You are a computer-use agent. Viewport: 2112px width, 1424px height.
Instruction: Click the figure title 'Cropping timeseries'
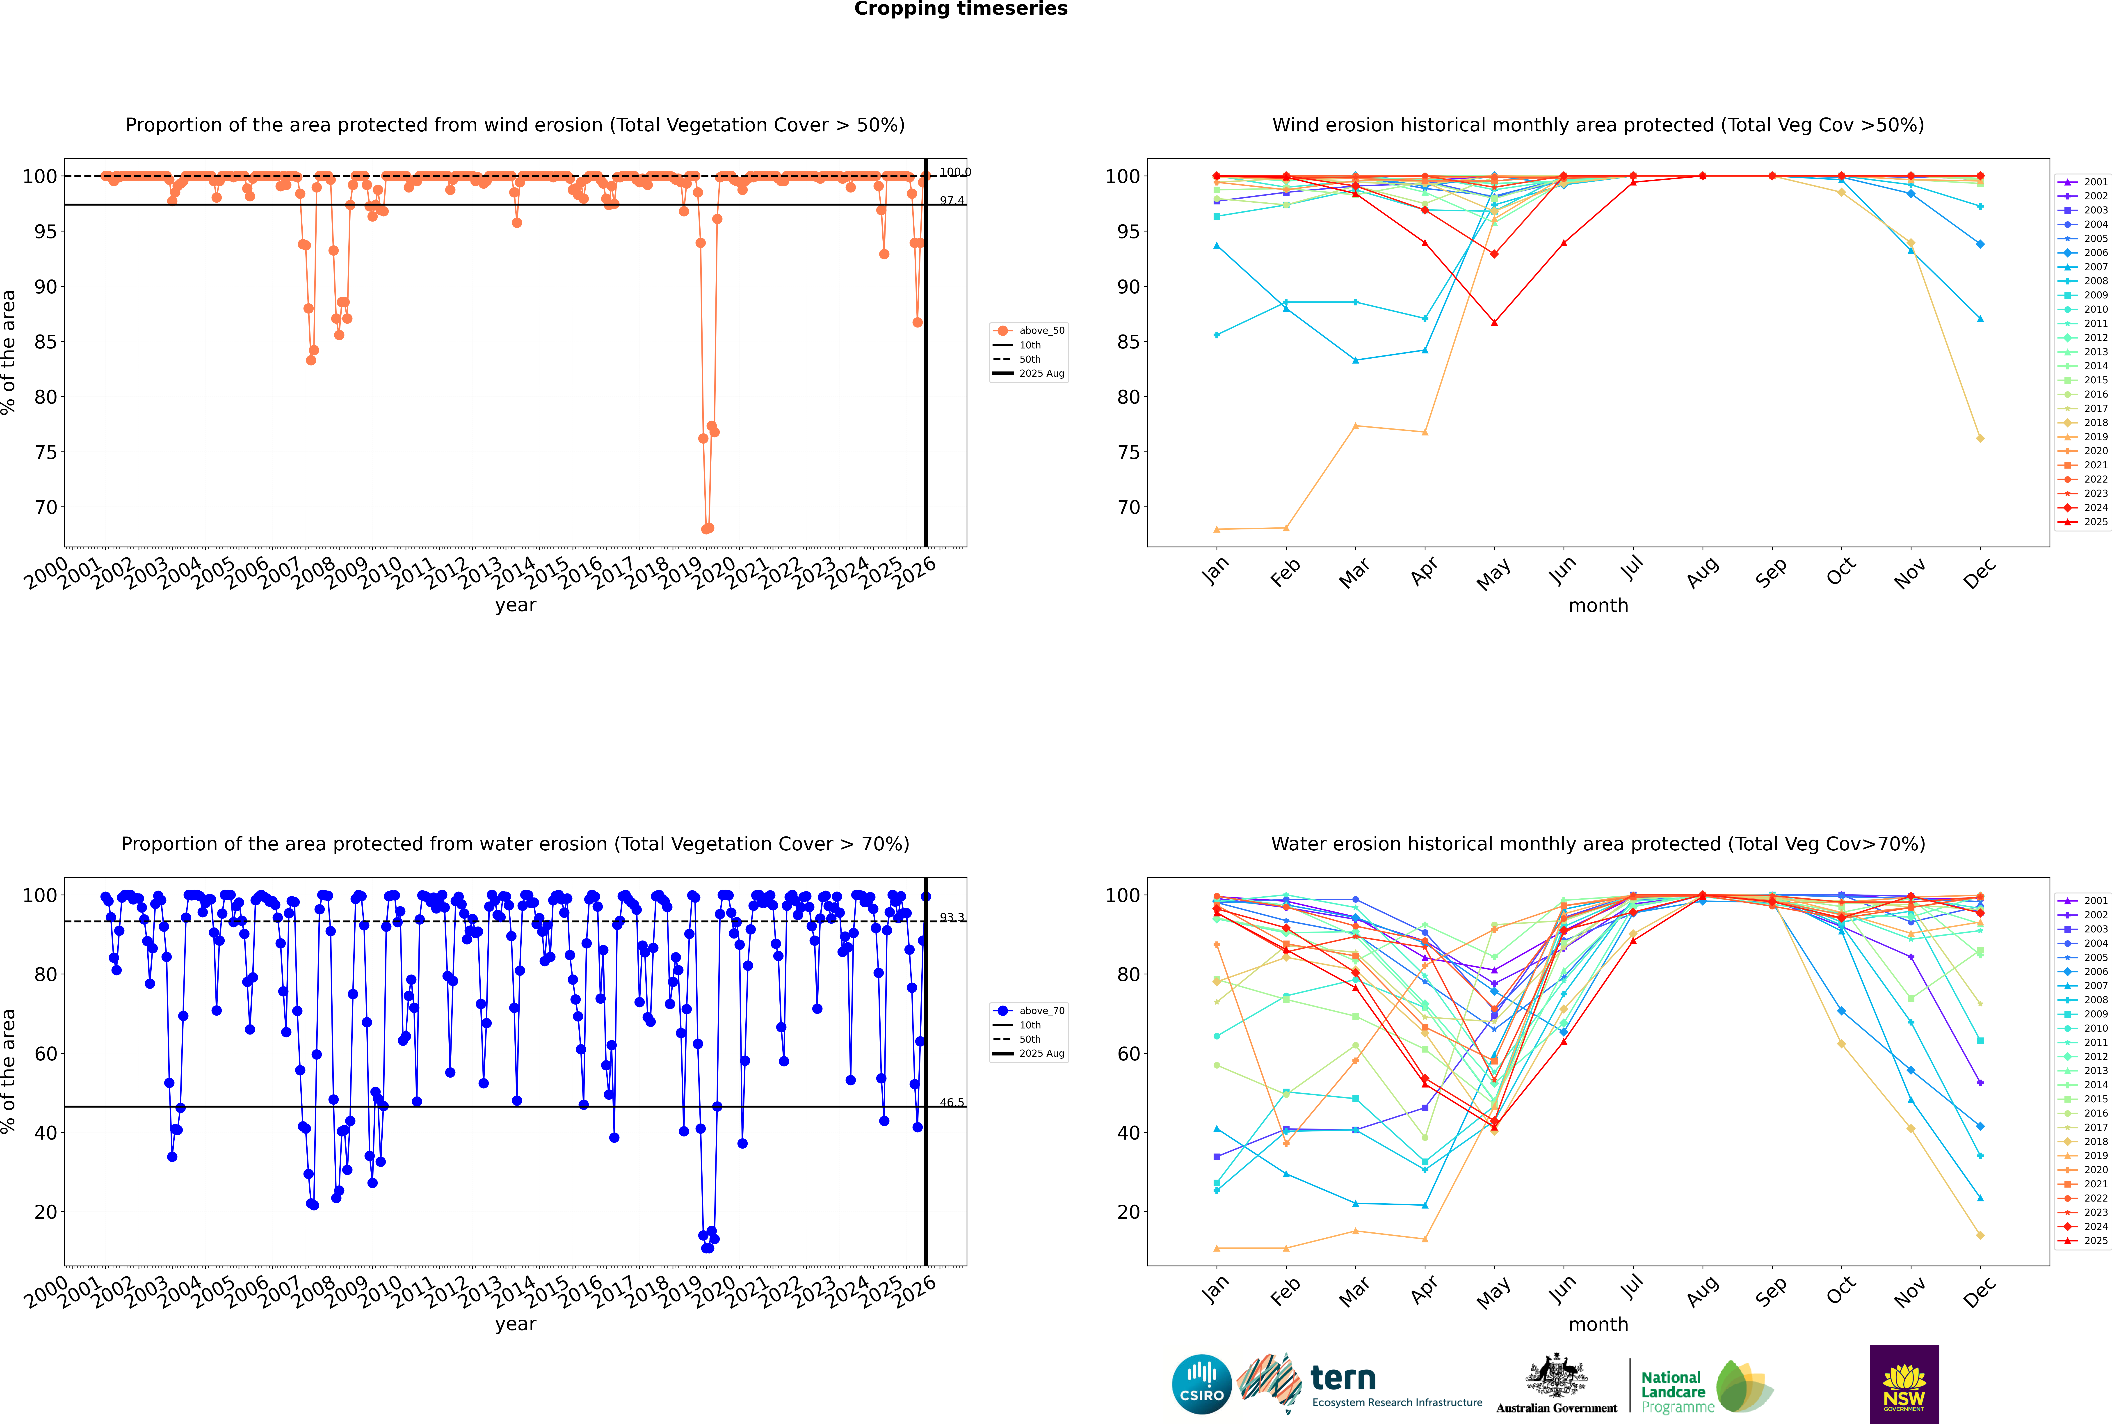point(961,9)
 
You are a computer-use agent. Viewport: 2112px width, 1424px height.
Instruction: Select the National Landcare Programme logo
point(1705,1387)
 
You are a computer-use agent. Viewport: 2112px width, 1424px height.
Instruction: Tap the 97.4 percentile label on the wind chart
point(952,201)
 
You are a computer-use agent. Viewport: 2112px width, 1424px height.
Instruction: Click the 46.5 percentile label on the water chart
point(952,1103)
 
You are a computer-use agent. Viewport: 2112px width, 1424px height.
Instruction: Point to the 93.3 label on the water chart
point(952,918)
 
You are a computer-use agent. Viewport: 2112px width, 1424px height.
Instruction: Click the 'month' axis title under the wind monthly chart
point(1598,606)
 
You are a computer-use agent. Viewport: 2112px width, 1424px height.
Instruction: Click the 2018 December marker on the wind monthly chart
point(1980,439)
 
